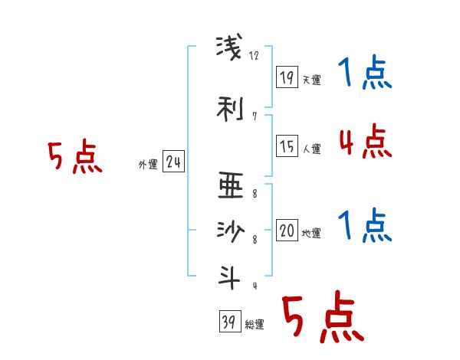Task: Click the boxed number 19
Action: (x=287, y=77)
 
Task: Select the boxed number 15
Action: (x=287, y=145)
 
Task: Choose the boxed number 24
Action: (x=173, y=162)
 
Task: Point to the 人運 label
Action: (x=311, y=149)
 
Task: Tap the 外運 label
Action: (x=148, y=164)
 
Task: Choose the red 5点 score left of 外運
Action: (x=74, y=158)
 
